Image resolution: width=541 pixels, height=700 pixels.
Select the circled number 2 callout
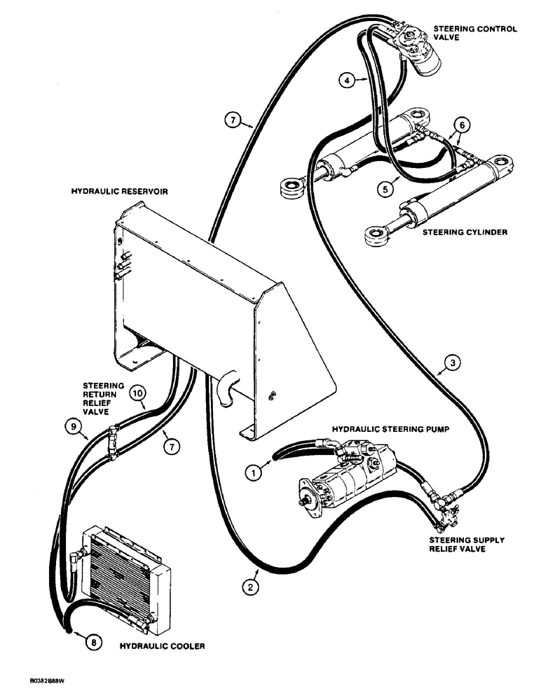246,588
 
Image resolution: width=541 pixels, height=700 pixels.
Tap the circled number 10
139,395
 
